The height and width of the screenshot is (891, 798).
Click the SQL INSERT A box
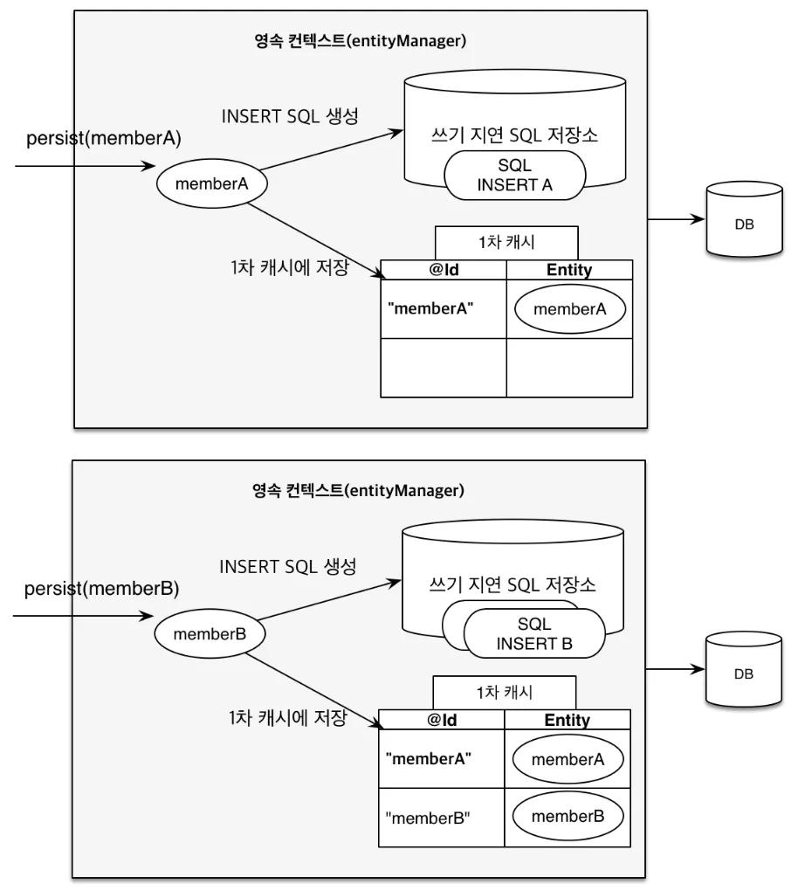pyautogui.click(x=513, y=175)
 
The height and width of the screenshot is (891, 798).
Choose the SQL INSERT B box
pyautogui.click(x=533, y=634)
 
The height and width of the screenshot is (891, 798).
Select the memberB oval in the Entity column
pyautogui.click(x=568, y=818)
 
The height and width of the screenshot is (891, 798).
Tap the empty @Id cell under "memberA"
pyautogui.click(x=444, y=368)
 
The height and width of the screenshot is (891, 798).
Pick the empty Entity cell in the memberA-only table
pyautogui.click(x=569, y=368)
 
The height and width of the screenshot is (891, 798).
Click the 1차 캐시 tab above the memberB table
pyautogui.click(x=504, y=693)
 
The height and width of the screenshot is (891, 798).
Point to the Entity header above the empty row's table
pyautogui.click(x=569, y=270)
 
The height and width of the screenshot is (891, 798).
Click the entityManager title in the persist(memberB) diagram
pyautogui.click(x=357, y=490)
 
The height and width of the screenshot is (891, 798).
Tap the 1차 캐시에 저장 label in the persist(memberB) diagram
pyautogui.click(x=286, y=719)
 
